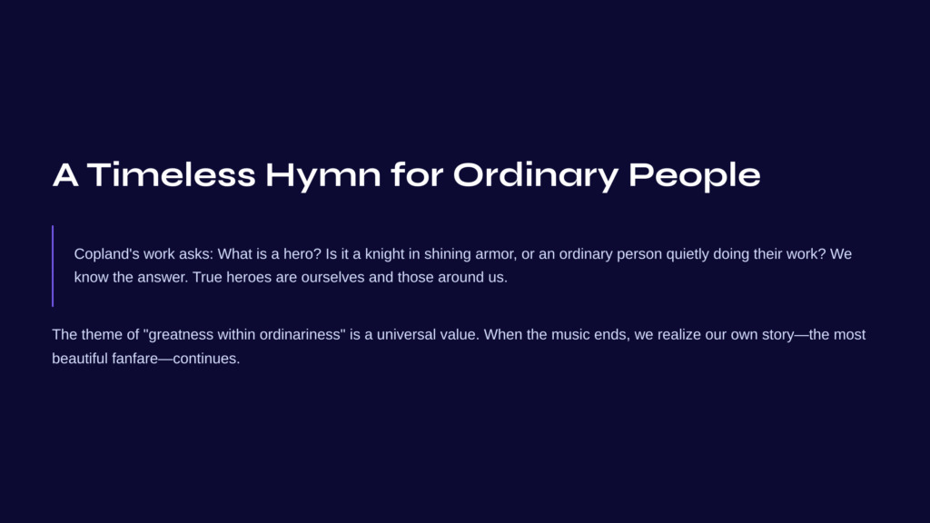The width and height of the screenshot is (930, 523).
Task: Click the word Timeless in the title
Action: (172, 175)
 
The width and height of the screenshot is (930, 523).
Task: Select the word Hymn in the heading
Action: (323, 177)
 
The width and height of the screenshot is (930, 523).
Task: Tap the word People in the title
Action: (695, 177)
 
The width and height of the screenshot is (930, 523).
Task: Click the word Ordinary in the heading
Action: (536, 177)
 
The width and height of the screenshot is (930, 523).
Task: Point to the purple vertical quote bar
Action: (53, 266)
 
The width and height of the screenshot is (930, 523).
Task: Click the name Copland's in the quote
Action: (106, 254)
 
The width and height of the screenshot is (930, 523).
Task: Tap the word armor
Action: (495, 255)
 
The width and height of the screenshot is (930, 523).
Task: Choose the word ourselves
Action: (332, 278)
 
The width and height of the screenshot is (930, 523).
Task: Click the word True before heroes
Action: (207, 277)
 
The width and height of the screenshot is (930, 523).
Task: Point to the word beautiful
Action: (80, 358)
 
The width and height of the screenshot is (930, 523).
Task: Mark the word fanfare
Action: (134, 358)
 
